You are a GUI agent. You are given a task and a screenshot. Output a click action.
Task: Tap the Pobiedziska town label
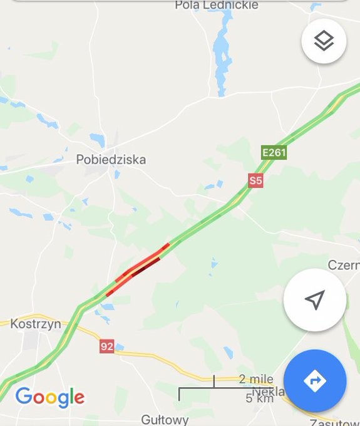[x=111, y=160]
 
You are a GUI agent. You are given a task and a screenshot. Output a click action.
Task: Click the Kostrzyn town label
[x=35, y=324]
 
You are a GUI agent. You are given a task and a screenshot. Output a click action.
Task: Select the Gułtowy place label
[x=164, y=418]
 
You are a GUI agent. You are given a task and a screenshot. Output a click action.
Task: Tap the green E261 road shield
[x=274, y=152]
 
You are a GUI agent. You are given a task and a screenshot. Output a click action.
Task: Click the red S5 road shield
[x=255, y=181]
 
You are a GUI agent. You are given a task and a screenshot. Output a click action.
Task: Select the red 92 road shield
[x=106, y=346]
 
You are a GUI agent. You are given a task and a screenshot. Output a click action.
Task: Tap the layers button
[x=324, y=41]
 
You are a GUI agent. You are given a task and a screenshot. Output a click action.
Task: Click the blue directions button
[x=314, y=380]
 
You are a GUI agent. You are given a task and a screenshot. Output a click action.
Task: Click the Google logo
[x=50, y=397]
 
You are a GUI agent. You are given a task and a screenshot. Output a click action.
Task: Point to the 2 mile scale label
[x=255, y=380]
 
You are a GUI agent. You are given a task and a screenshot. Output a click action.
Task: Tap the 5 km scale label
[x=259, y=398]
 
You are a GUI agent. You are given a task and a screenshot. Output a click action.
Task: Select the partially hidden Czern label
[x=344, y=266]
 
